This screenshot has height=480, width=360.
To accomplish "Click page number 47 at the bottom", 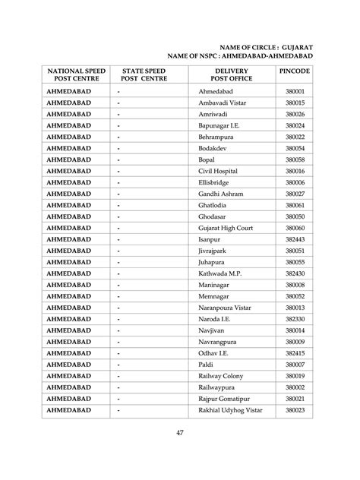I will click(180, 433).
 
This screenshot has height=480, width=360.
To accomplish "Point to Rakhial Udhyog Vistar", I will click(230, 410).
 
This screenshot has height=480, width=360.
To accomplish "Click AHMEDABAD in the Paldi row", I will click(69, 365).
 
